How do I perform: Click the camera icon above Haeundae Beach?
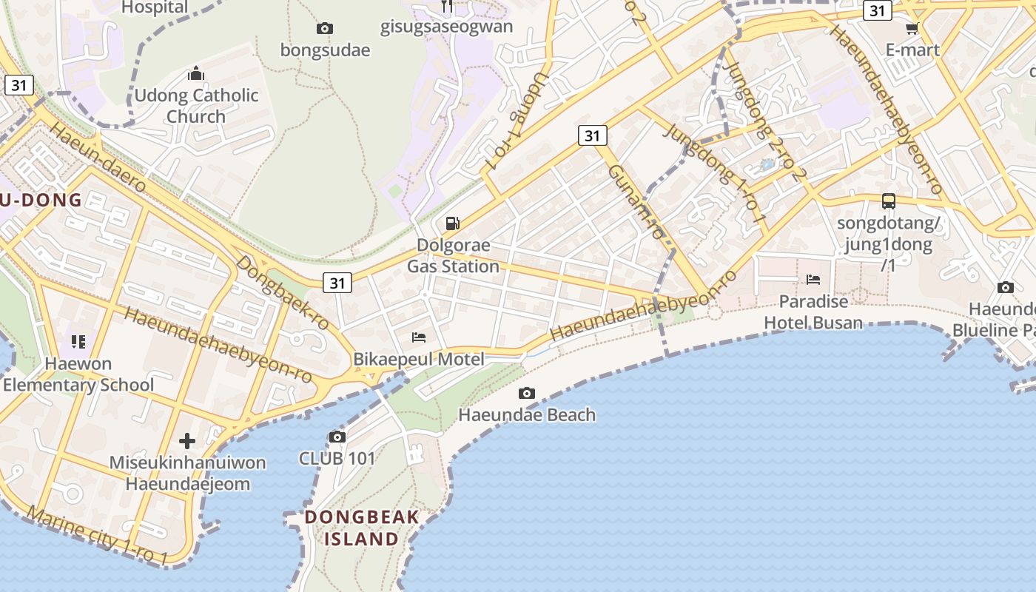(x=527, y=393)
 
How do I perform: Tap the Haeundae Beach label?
(x=527, y=414)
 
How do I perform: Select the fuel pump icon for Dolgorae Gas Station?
(x=452, y=223)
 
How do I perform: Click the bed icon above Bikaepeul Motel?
(x=419, y=337)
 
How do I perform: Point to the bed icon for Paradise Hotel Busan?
(x=813, y=280)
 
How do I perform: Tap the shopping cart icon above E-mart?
(x=912, y=29)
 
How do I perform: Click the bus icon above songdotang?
(x=888, y=201)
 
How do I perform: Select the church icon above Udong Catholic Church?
(x=196, y=73)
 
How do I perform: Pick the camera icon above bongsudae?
(x=324, y=29)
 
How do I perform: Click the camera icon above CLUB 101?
(x=337, y=437)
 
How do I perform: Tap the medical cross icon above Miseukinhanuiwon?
(x=187, y=442)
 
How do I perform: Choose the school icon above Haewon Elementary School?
(x=78, y=342)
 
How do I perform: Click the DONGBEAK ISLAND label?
(x=362, y=528)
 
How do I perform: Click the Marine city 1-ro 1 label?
(x=97, y=535)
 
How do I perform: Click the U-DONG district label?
(x=41, y=200)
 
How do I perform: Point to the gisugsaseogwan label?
(x=446, y=27)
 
